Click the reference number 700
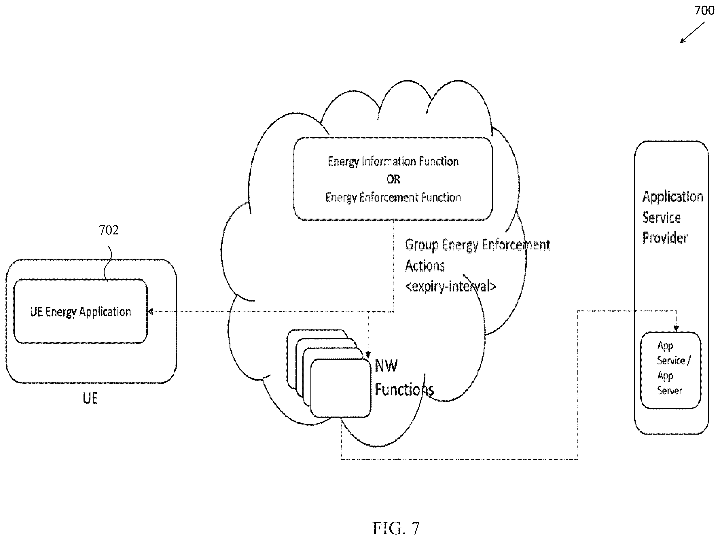click(x=704, y=10)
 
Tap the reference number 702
click(x=109, y=230)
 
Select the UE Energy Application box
click(x=80, y=312)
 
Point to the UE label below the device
click(x=90, y=398)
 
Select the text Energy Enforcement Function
click(x=393, y=197)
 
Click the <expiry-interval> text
click(x=450, y=287)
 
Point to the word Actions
click(x=425, y=266)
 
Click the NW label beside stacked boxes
click(x=386, y=366)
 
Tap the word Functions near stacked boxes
click(x=404, y=389)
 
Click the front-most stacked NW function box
click(x=341, y=388)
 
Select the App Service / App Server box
click(x=670, y=370)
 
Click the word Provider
click(x=665, y=238)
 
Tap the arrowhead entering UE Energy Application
click(x=150, y=312)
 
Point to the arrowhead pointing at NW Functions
click(x=368, y=355)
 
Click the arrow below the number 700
click(x=692, y=33)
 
